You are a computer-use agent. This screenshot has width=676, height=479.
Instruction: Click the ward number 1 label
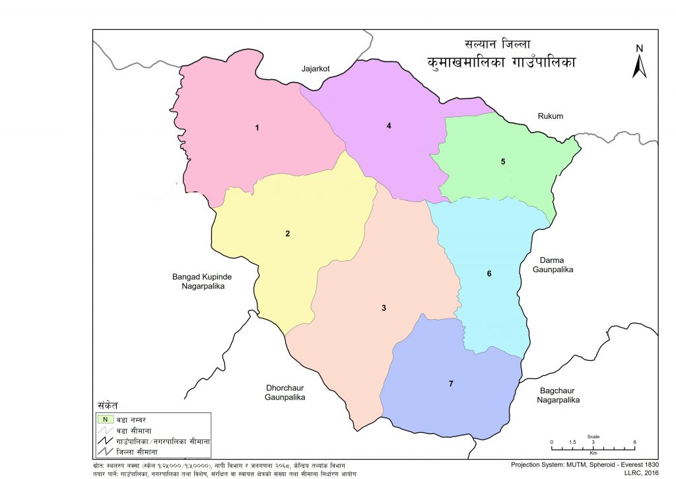(x=257, y=128)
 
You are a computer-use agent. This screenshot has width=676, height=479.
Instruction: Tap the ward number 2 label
(x=287, y=233)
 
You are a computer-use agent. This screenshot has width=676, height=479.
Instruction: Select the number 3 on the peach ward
(x=384, y=308)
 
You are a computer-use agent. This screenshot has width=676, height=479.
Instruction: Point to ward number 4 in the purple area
(x=389, y=126)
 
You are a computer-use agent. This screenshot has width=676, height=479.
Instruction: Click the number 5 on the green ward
(x=503, y=162)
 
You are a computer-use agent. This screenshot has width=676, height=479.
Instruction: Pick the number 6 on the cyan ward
(x=489, y=274)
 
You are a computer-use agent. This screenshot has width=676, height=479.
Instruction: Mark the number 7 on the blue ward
(x=452, y=383)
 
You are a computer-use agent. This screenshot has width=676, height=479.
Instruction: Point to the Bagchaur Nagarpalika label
(x=558, y=395)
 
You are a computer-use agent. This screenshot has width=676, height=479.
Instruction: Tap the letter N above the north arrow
(x=638, y=48)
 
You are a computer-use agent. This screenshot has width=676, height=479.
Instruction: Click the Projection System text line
(x=585, y=463)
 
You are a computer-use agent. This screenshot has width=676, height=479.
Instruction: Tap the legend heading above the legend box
(x=108, y=404)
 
